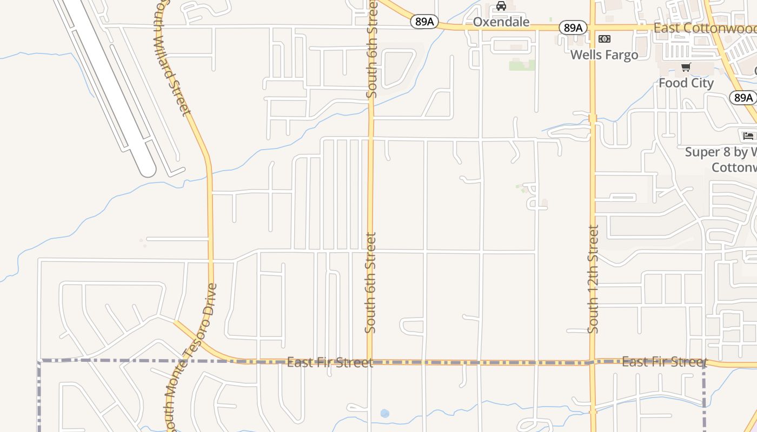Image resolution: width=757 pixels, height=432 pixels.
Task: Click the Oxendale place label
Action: (x=501, y=22)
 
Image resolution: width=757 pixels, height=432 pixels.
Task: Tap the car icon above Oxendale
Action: (x=501, y=6)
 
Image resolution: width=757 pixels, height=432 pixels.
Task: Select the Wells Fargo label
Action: (x=604, y=55)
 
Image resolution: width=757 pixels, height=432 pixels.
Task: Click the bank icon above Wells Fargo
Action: (x=605, y=39)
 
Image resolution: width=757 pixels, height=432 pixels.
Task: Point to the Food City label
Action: (x=686, y=83)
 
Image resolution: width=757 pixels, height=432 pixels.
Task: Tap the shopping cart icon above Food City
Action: (x=686, y=67)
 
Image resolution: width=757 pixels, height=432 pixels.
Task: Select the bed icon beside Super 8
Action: (x=748, y=136)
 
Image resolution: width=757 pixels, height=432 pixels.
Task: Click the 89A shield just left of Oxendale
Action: (x=424, y=22)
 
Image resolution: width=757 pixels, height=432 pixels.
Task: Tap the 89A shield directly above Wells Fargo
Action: (x=573, y=28)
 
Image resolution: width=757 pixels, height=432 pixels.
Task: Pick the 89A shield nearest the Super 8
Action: (x=743, y=98)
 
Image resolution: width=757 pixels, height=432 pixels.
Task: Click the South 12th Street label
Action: (x=593, y=279)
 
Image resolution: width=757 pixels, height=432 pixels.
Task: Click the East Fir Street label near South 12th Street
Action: (x=665, y=361)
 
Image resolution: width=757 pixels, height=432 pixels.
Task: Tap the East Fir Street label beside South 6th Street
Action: (x=329, y=362)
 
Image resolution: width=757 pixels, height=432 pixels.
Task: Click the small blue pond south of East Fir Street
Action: (x=384, y=414)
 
